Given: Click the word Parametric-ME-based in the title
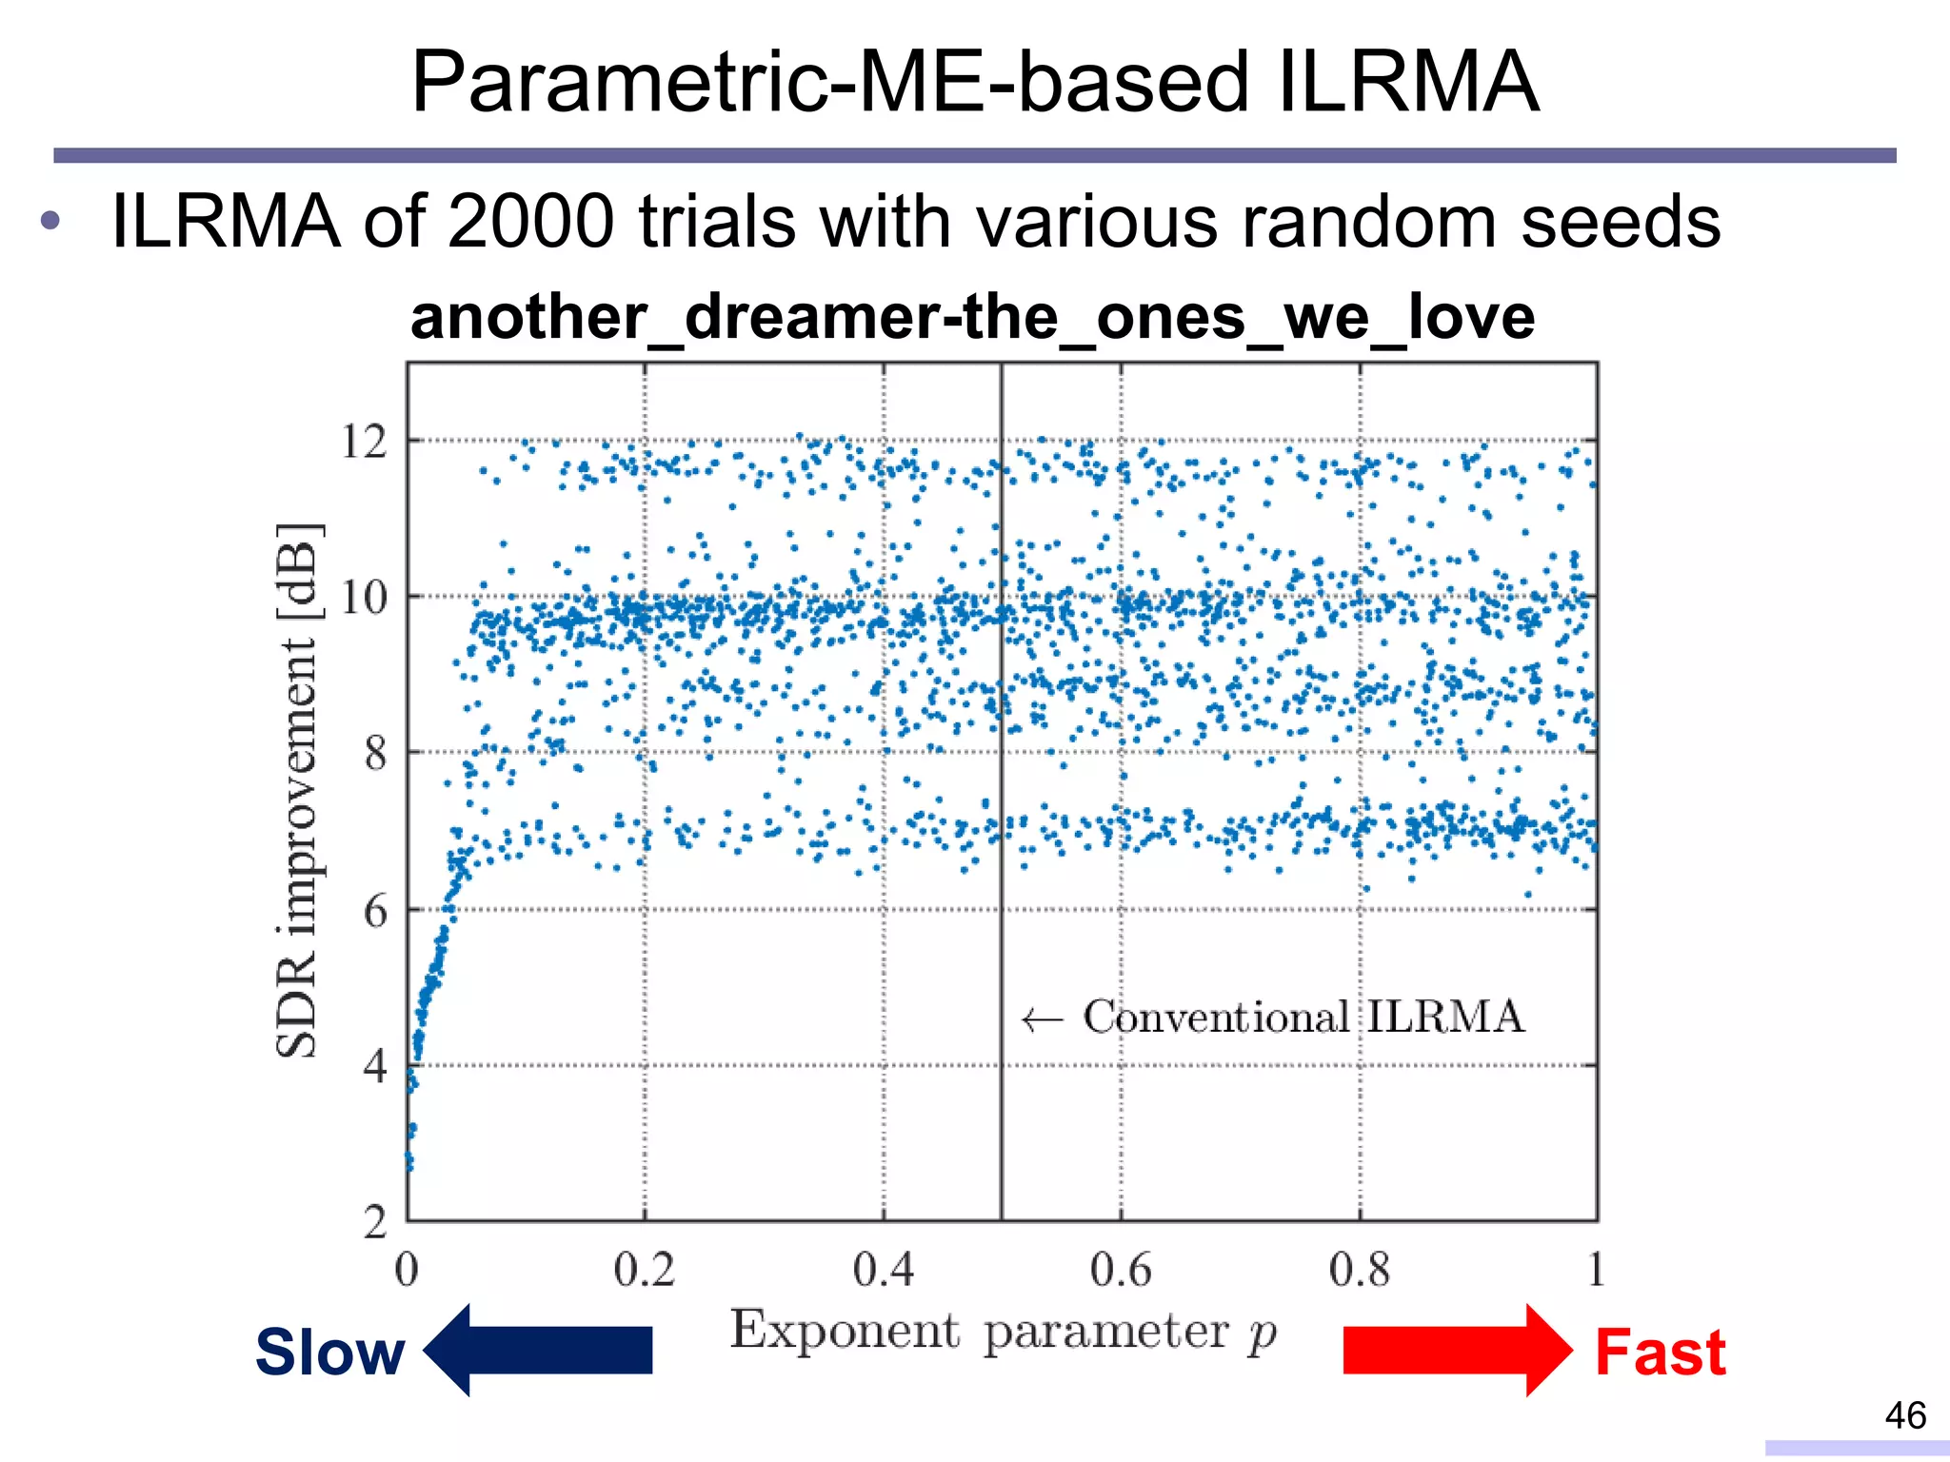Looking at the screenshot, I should click(828, 84).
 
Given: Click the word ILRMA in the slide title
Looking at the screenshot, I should click(1407, 84).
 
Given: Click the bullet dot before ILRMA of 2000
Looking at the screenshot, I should click(50, 222).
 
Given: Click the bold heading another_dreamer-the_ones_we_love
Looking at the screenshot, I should click(972, 317).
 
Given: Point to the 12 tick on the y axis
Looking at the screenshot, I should click(364, 442).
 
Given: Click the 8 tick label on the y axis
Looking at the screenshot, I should click(375, 754).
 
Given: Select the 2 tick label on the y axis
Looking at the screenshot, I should click(375, 1222).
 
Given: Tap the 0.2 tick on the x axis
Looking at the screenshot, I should click(644, 1271).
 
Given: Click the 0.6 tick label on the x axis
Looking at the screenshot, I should click(1121, 1271).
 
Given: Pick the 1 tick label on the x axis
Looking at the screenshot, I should click(1596, 1271).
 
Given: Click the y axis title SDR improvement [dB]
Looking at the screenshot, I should click(298, 790).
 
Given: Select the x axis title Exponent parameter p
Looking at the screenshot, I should click(1003, 1332).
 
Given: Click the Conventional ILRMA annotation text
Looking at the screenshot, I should click(1303, 1017).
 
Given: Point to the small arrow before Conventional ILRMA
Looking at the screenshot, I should click(1041, 1020).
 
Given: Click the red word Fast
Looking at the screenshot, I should click(1660, 1353).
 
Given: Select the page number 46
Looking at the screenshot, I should click(1905, 1415).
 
